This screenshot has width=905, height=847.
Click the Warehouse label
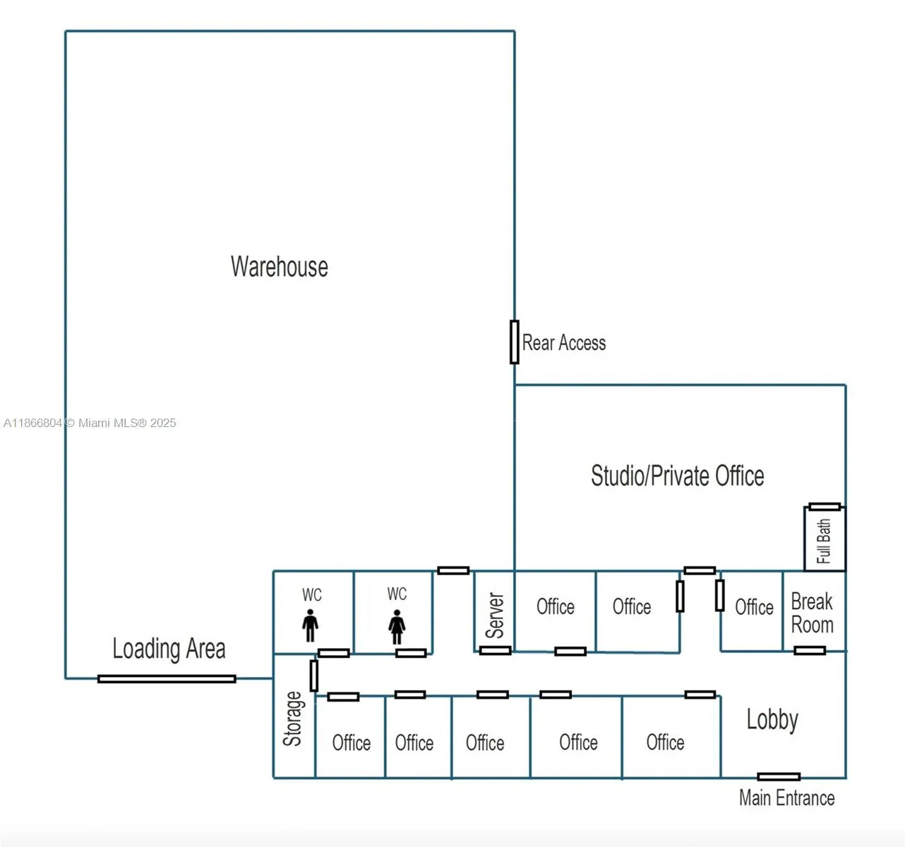coord(280,267)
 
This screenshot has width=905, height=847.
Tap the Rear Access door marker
coord(515,342)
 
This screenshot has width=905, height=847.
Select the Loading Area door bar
coord(167,679)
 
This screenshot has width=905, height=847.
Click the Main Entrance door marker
coord(779,776)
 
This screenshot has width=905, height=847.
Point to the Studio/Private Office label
coord(677,476)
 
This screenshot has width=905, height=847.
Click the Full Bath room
coord(825,541)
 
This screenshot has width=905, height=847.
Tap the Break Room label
coord(812,613)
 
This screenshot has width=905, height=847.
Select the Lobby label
coord(772,720)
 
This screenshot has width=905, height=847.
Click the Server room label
coord(496,615)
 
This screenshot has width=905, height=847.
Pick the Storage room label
coord(293,719)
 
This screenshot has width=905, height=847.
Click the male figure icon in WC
coord(310,626)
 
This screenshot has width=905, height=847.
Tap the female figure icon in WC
coord(397,627)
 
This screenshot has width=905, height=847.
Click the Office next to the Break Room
coord(754,607)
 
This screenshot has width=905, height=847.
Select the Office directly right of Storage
coord(351,743)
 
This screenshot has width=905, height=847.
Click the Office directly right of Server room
coord(556,607)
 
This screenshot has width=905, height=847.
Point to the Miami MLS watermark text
coord(90,423)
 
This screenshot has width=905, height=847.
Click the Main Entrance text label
coord(786,798)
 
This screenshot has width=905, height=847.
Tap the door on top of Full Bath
coord(825,507)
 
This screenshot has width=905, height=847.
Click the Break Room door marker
coord(810,650)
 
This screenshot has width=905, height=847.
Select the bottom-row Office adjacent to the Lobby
coord(665,743)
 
